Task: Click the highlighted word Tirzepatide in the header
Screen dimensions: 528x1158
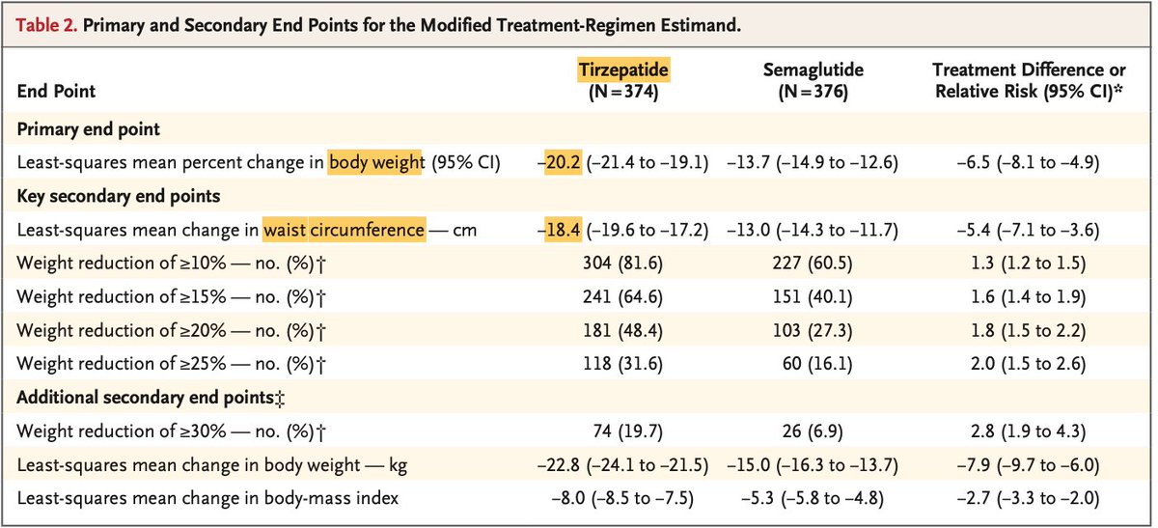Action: click(x=622, y=70)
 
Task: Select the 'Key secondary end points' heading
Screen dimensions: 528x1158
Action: click(x=119, y=196)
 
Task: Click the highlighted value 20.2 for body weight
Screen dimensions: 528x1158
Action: click(x=564, y=162)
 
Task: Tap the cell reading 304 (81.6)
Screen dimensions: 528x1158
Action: click(x=622, y=264)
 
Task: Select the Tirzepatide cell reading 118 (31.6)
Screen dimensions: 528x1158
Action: click(x=622, y=365)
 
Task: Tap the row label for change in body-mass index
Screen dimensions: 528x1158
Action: click(x=207, y=499)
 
